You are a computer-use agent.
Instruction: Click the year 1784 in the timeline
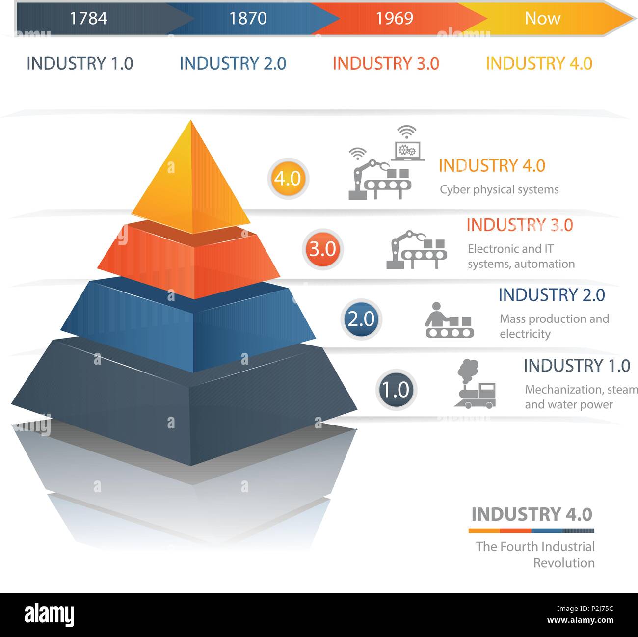[88, 18]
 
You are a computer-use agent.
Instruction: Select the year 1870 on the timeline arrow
[248, 18]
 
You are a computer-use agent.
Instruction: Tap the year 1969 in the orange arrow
[395, 18]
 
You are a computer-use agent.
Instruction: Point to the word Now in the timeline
[542, 18]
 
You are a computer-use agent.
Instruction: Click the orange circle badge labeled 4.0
[288, 178]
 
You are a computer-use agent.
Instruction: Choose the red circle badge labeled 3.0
[322, 249]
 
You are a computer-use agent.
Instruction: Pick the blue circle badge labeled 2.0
[361, 319]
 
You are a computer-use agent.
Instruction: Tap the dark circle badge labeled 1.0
[396, 390]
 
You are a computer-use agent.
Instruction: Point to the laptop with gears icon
[408, 147]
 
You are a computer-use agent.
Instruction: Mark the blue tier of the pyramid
[189, 324]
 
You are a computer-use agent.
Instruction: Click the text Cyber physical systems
[499, 190]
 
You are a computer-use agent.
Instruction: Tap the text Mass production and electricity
[554, 326]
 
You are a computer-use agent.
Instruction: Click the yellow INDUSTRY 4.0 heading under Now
[539, 64]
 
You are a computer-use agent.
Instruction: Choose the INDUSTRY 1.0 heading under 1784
[80, 64]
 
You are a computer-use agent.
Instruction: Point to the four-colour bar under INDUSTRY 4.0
[531, 531]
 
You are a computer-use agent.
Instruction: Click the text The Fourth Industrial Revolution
[535, 555]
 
